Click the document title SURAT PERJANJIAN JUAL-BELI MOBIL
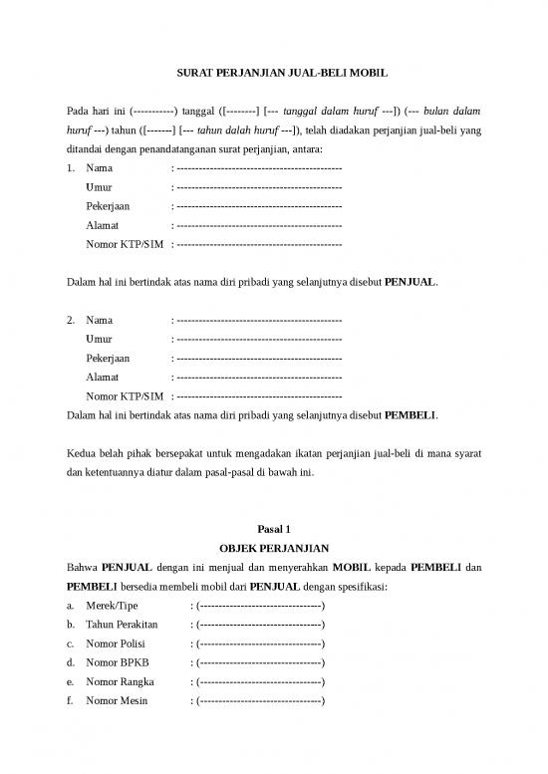click(x=274, y=73)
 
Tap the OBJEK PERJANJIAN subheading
click(x=274, y=548)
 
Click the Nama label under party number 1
click(x=100, y=168)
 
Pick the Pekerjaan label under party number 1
click(x=108, y=206)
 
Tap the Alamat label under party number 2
click(x=103, y=377)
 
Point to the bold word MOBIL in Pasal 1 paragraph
click(x=352, y=568)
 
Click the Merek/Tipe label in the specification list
click(x=113, y=606)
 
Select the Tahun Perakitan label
click(x=123, y=625)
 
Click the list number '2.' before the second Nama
click(x=71, y=320)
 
